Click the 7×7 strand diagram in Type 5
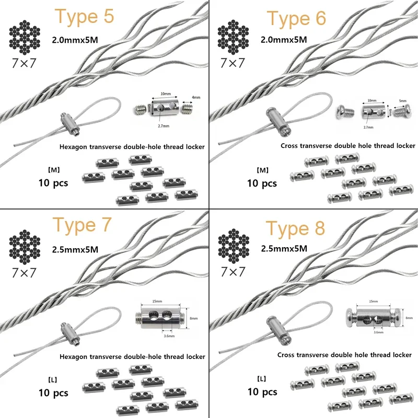25,37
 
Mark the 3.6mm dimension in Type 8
379,331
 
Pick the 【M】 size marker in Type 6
262,171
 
